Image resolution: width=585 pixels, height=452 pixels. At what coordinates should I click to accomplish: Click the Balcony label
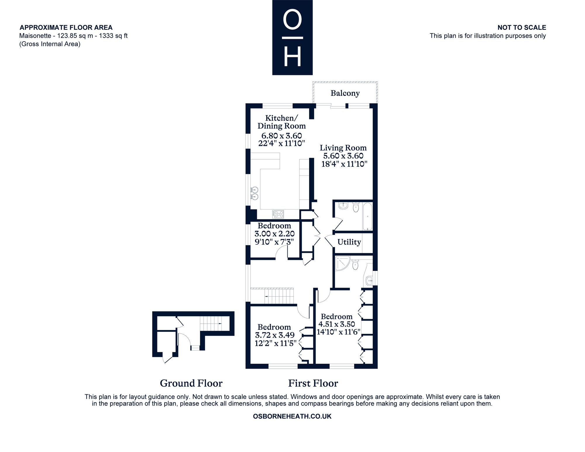[x=345, y=93]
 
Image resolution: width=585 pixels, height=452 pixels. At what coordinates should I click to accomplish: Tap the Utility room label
[x=349, y=242]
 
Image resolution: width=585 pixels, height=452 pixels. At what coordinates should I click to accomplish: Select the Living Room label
[x=343, y=148]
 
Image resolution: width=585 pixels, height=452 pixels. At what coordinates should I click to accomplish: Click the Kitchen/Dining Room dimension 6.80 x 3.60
[x=282, y=136]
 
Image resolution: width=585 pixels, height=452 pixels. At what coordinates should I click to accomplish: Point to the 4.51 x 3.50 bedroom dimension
[x=337, y=324]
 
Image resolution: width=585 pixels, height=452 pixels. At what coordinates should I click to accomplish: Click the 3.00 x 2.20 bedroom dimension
[x=274, y=234]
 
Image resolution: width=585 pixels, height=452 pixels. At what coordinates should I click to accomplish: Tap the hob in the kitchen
[x=278, y=214]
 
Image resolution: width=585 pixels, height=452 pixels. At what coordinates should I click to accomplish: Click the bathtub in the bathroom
[x=368, y=217]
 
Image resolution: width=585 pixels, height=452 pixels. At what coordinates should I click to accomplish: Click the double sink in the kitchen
[x=254, y=193]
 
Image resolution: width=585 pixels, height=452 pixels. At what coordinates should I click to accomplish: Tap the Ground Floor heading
[x=191, y=383]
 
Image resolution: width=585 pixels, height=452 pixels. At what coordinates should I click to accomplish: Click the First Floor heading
[x=313, y=383]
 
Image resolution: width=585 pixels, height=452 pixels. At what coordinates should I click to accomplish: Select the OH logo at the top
[x=292, y=37]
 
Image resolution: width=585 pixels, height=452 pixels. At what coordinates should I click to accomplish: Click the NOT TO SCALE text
[x=522, y=28]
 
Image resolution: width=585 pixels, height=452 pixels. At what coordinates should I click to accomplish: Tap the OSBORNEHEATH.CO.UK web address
[x=292, y=416]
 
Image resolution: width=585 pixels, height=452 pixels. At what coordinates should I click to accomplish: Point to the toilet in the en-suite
[x=356, y=264]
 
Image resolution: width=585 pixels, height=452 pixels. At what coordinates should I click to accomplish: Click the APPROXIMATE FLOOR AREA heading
[x=66, y=28]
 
